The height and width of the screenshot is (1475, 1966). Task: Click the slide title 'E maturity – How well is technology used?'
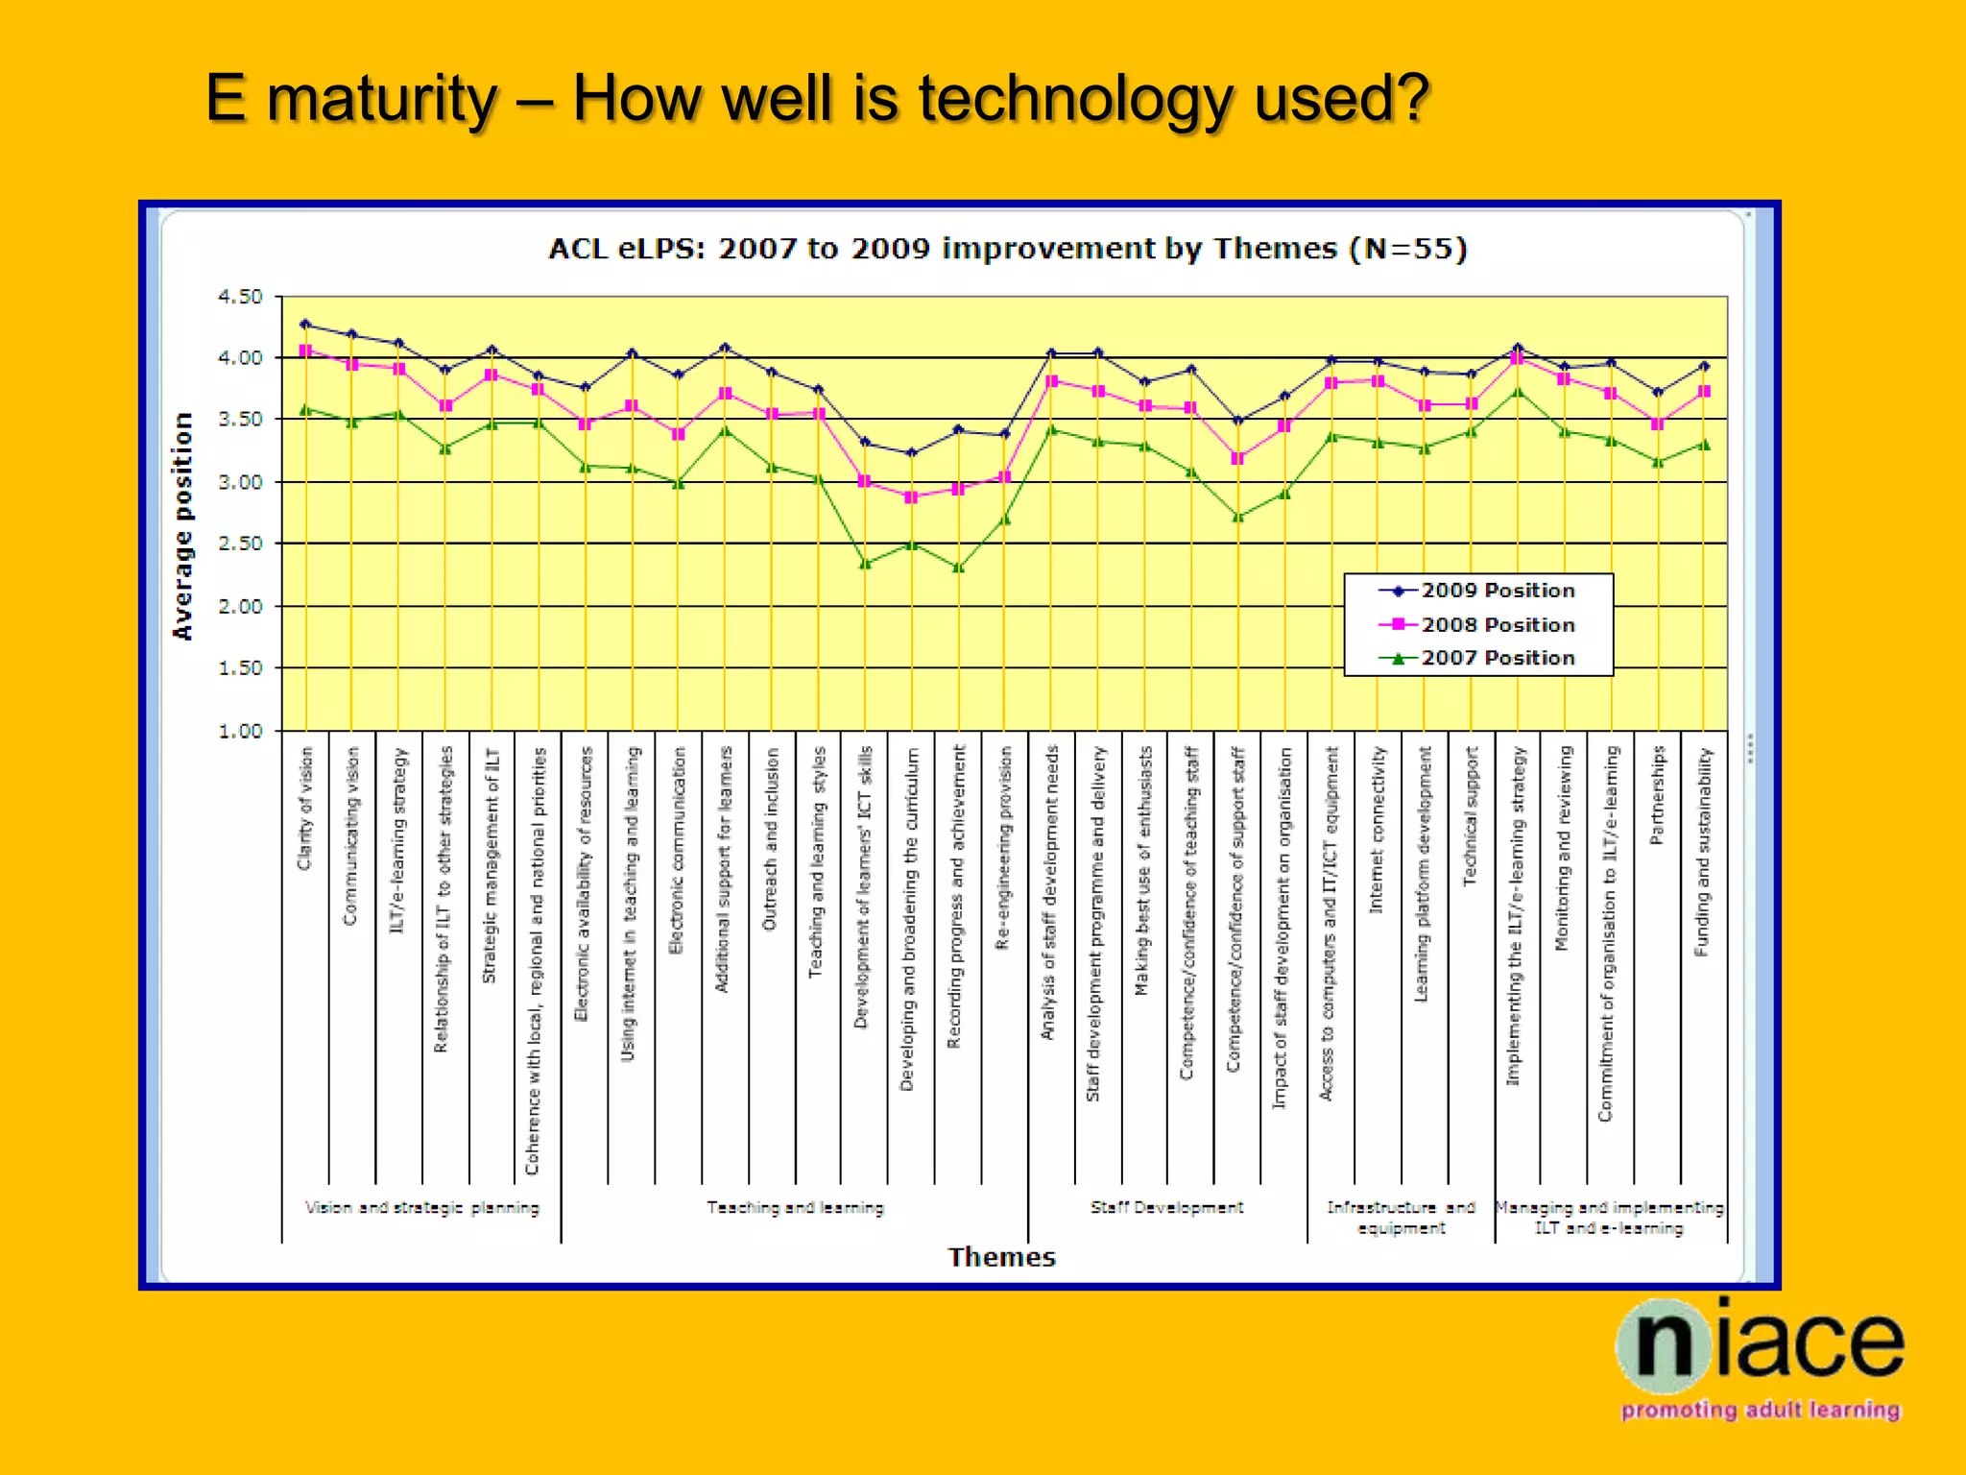click(816, 99)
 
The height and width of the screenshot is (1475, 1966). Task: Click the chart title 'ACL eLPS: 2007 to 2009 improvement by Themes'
click(1007, 249)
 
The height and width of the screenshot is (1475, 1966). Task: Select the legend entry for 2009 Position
click(1497, 591)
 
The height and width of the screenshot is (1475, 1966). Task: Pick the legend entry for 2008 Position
click(1497, 625)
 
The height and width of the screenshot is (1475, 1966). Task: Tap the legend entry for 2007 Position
click(1497, 659)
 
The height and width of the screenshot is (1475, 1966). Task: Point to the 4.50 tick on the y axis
click(240, 297)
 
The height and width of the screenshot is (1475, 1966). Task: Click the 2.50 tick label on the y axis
click(240, 544)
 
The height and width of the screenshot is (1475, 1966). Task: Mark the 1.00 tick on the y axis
click(240, 731)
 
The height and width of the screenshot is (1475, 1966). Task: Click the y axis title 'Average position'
click(182, 526)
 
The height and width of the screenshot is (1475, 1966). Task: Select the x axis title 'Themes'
click(1001, 1257)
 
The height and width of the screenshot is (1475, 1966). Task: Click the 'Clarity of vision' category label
click(305, 809)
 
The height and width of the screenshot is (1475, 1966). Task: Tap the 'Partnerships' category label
click(1656, 795)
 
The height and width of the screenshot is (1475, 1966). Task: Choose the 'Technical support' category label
click(1470, 816)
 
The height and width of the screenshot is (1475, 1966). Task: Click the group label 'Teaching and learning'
click(795, 1208)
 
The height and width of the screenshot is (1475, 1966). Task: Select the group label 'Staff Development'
click(1166, 1208)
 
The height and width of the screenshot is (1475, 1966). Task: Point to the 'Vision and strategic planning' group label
click(421, 1208)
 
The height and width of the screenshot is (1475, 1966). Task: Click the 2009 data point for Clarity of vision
click(305, 325)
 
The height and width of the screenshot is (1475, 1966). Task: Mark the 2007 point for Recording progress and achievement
click(958, 568)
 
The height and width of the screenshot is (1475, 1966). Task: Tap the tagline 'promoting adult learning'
click(1761, 1411)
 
